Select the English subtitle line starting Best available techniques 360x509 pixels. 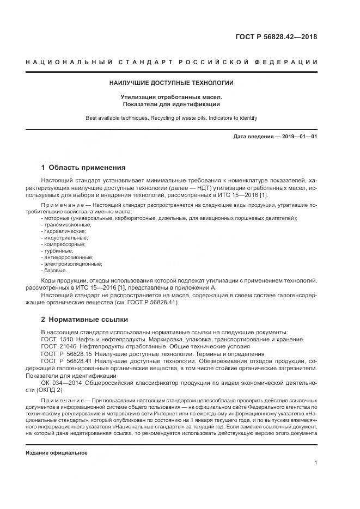172,118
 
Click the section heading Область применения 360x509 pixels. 87,167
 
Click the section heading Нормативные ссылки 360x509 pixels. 90,319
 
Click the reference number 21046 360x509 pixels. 69,346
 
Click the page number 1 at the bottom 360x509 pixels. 315,463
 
